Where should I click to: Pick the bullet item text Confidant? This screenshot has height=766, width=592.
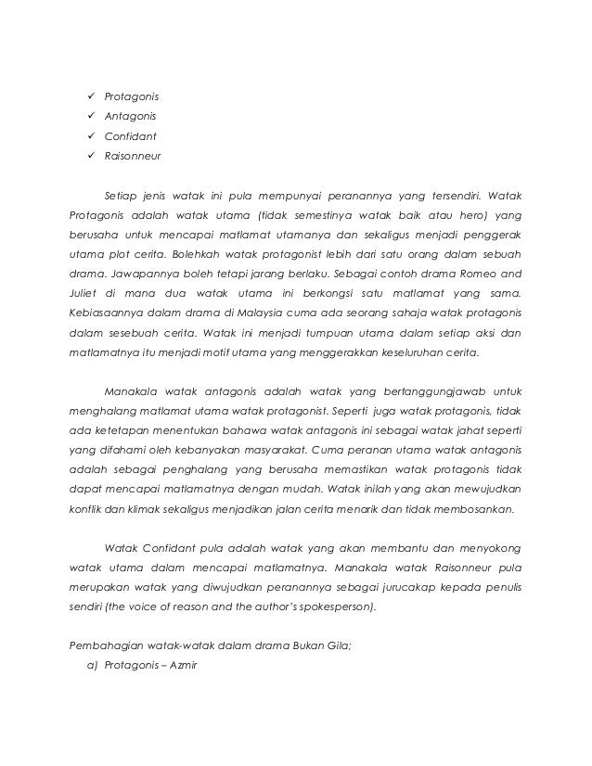coord(130,136)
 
